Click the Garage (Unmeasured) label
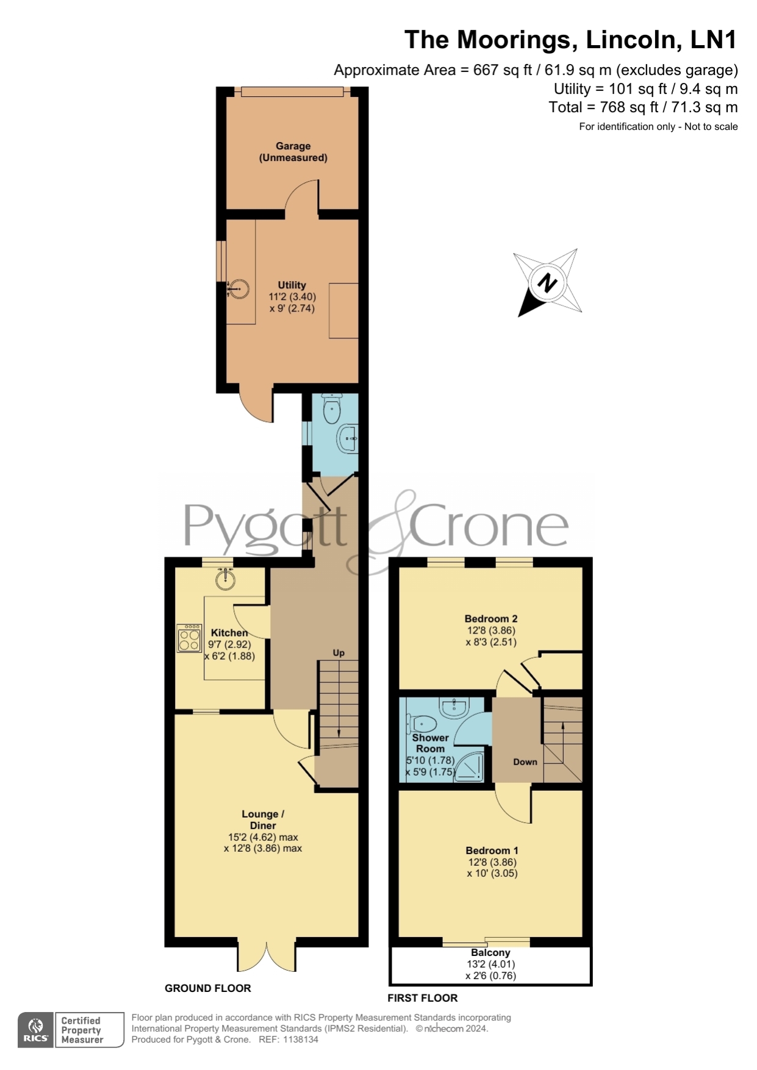(293, 152)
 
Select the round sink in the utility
(239, 288)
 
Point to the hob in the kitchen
(190, 638)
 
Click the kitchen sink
(226, 578)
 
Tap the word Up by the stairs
(339, 652)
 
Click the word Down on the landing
(525, 761)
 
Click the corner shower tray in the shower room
(470, 766)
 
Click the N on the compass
(547, 283)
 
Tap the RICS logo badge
(36, 1030)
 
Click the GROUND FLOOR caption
(207, 988)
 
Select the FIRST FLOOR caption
(422, 998)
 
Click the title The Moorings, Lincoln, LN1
(570, 40)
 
